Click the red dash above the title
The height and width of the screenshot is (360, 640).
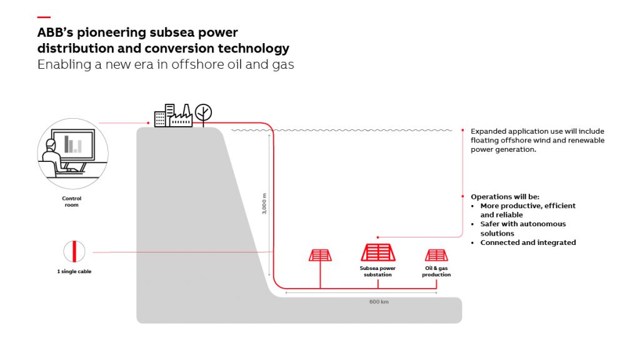[x=44, y=17]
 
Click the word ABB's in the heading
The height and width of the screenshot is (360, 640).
[x=55, y=32]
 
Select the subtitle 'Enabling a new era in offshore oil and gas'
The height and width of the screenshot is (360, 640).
[x=165, y=64]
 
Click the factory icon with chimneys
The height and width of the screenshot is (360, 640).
[x=181, y=116]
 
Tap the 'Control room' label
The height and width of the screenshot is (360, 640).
[x=72, y=202]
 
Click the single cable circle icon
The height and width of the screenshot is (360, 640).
[x=74, y=251]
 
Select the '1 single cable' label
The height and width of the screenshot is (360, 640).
[x=74, y=272]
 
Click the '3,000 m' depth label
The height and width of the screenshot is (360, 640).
[x=265, y=203]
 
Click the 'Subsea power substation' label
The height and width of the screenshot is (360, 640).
[x=378, y=272]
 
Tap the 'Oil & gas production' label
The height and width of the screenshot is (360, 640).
[x=436, y=272]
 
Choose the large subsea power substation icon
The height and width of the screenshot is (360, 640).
[x=377, y=252]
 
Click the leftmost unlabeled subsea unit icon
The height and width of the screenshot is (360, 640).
[x=320, y=255]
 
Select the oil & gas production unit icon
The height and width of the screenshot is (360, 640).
[x=436, y=255]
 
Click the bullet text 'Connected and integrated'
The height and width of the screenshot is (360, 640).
[x=527, y=242]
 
